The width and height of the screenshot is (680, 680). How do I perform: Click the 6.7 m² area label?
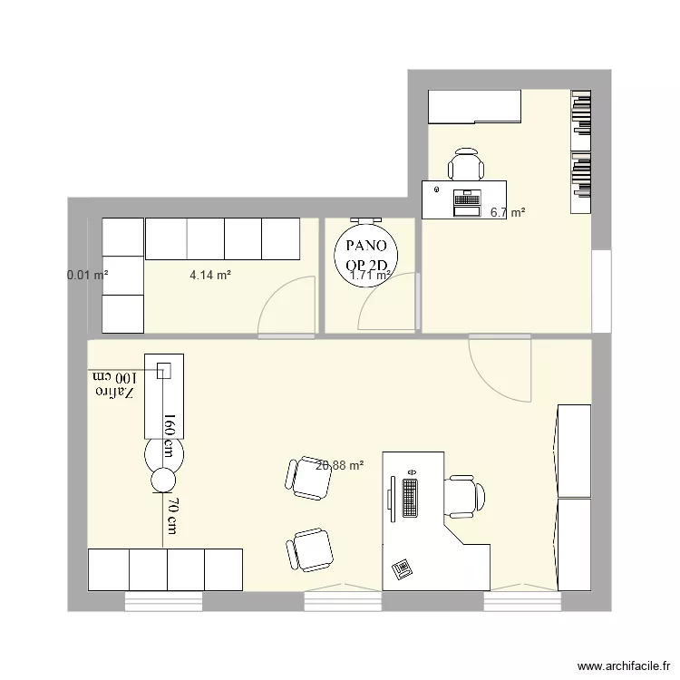(508, 213)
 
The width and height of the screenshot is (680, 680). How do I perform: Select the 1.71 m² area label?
(370, 275)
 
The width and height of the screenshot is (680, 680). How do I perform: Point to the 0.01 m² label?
(88, 273)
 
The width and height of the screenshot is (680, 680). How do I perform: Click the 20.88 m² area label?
(340, 465)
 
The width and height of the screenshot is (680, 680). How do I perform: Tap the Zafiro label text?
(114, 393)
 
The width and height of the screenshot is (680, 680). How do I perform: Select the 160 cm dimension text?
(169, 437)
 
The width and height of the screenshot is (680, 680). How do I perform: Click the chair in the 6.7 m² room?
(466, 165)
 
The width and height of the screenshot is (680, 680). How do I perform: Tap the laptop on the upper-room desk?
(467, 202)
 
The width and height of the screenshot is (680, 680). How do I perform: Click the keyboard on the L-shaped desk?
(409, 495)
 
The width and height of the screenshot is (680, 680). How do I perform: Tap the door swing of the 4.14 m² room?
(286, 306)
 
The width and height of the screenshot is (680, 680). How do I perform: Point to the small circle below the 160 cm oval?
(163, 480)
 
